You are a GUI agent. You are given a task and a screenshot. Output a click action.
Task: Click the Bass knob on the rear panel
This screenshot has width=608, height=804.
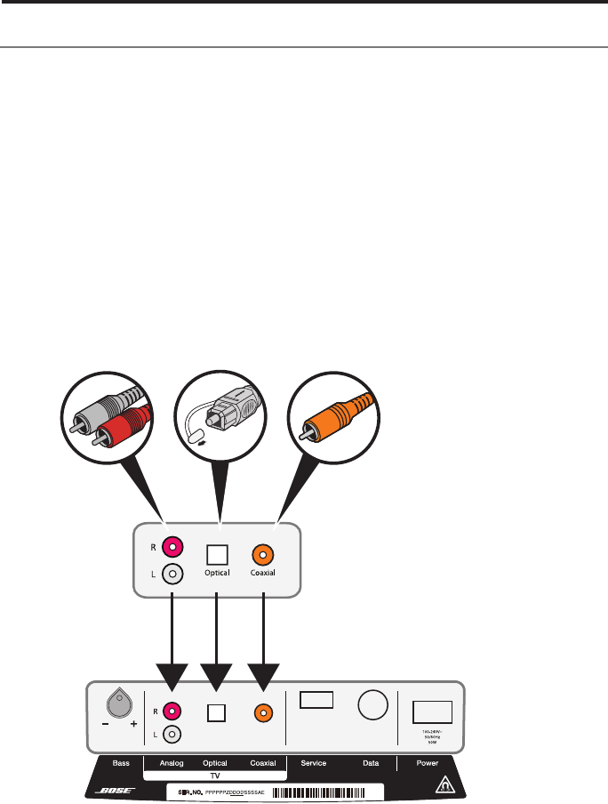click(118, 705)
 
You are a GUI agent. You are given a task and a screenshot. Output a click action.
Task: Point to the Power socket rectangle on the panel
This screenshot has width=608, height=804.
click(433, 712)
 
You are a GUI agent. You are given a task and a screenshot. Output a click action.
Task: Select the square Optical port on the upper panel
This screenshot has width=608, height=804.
click(218, 552)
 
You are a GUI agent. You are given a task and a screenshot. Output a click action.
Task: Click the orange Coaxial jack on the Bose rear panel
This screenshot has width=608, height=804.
click(263, 712)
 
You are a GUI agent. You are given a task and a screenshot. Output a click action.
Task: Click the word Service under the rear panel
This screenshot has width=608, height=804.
click(316, 762)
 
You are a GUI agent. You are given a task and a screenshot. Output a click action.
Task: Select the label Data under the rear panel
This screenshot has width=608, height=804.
click(372, 762)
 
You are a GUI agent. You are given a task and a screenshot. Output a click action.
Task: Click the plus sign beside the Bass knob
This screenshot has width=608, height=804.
click(133, 725)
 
